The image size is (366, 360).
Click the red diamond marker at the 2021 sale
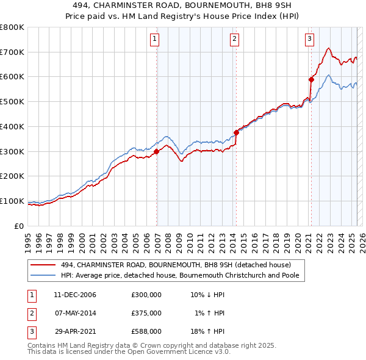point(311,79)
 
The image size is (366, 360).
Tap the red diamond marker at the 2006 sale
point(157,151)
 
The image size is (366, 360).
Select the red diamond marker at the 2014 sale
point(236,132)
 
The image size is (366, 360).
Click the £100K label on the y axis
point(12,201)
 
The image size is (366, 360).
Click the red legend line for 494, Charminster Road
point(43,265)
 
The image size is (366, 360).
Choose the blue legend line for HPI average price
point(43,275)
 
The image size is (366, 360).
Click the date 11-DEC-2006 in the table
point(74,295)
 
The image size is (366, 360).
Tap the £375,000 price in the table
point(146,313)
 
